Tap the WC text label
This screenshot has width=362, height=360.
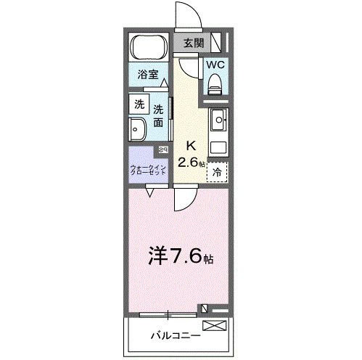(215, 65)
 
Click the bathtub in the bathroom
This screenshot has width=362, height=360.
(149, 49)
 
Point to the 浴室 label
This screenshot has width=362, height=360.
(149, 75)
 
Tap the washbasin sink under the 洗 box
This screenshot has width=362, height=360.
(139, 129)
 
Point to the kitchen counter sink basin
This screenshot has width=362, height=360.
(220, 118)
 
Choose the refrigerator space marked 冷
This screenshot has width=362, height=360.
(218, 171)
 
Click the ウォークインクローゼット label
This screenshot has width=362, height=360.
(148, 172)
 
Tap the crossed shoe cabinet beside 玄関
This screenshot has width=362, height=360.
(222, 43)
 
